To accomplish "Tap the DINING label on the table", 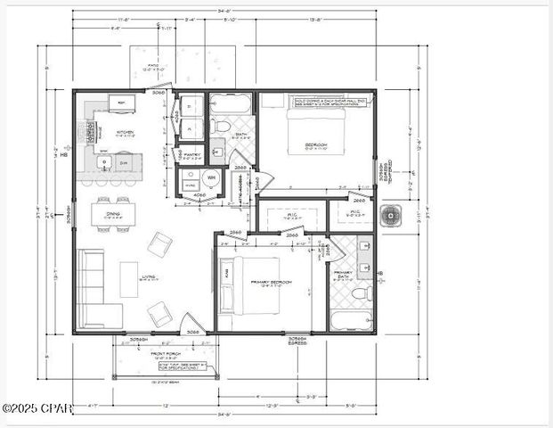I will tap(113, 213).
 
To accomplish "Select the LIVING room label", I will tap(149, 277).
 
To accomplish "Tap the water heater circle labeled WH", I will tap(187, 178).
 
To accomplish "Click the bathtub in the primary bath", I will tap(352, 319).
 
